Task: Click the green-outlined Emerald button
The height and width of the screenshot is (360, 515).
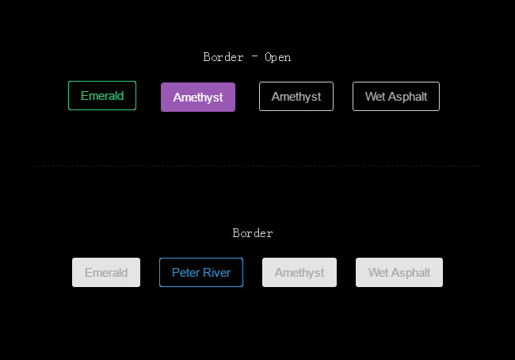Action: [102, 96]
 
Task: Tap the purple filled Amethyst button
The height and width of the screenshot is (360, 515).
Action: [198, 98]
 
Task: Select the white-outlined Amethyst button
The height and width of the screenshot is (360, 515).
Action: [296, 97]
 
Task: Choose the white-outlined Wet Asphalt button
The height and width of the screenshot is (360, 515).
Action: [396, 97]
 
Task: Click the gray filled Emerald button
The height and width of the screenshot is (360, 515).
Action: [106, 273]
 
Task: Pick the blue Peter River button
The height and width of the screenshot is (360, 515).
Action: [201, 273]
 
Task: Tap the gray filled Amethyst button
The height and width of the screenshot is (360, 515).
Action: [299, 273]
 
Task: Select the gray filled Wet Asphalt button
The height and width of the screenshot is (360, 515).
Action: [399, 273]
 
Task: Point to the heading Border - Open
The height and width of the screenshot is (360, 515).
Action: [247, 57]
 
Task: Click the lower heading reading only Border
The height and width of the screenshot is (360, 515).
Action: [253, 233]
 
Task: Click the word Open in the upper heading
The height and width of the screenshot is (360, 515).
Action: [278, 57]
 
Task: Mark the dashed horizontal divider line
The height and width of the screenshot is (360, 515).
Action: [257, 166]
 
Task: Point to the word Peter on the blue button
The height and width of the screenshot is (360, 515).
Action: [185, 273]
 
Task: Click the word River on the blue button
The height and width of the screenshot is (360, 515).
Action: [216, 273]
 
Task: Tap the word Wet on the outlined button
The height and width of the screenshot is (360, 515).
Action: [375, 97]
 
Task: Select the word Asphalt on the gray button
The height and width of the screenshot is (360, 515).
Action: [410, 273]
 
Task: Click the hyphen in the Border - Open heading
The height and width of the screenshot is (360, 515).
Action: [254, 57]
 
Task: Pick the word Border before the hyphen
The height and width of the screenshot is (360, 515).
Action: [223, 57]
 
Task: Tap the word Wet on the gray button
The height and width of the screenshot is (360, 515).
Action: [378, 273]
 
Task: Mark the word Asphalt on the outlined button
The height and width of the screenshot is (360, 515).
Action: [407, 97]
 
